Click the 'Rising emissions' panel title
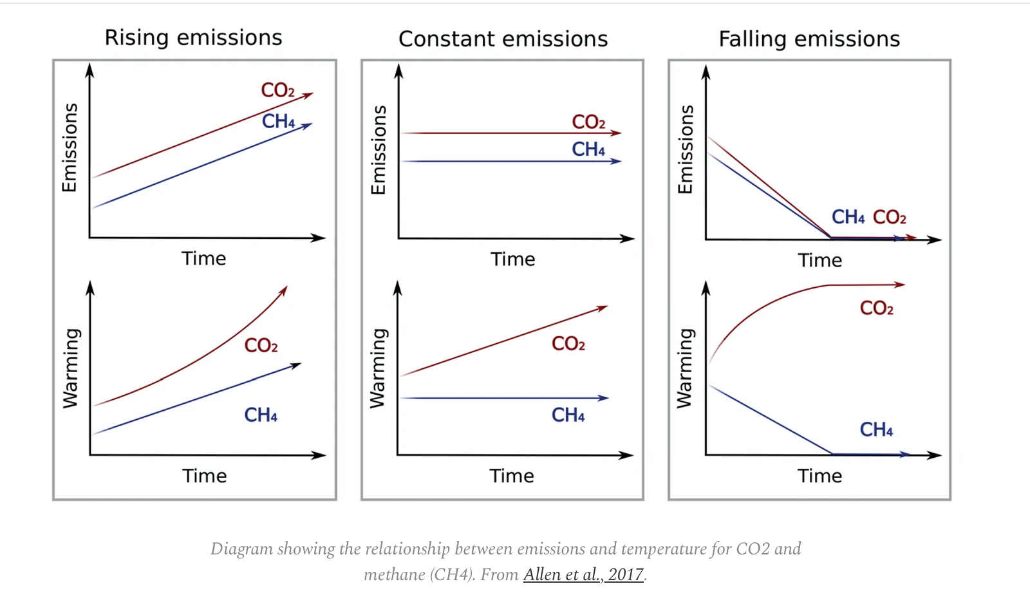click(193, 38)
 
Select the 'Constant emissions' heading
click(503, 39)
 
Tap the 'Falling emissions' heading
click(809, 39)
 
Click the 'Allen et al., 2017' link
click(583, 574)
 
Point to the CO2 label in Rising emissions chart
click(277, 90)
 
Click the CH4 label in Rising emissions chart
click(278, 121)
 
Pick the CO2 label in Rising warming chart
click(261, 346)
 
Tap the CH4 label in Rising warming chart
click(261, 415)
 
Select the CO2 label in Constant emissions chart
click(588, 122)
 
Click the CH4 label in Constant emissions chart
click(588, 149)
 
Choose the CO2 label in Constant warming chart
click(568, 344)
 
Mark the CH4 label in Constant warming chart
click(568, 415)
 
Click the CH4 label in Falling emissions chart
click(848, 217)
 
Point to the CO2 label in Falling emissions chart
click(889, 218)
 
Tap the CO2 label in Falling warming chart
click(876, 308)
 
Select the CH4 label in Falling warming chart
click(876, 429)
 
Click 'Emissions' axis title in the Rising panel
click(70, 148)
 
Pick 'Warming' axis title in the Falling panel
click(684, 368)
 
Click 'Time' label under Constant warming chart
click(512, 476)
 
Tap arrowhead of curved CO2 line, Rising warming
click(284, 290)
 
